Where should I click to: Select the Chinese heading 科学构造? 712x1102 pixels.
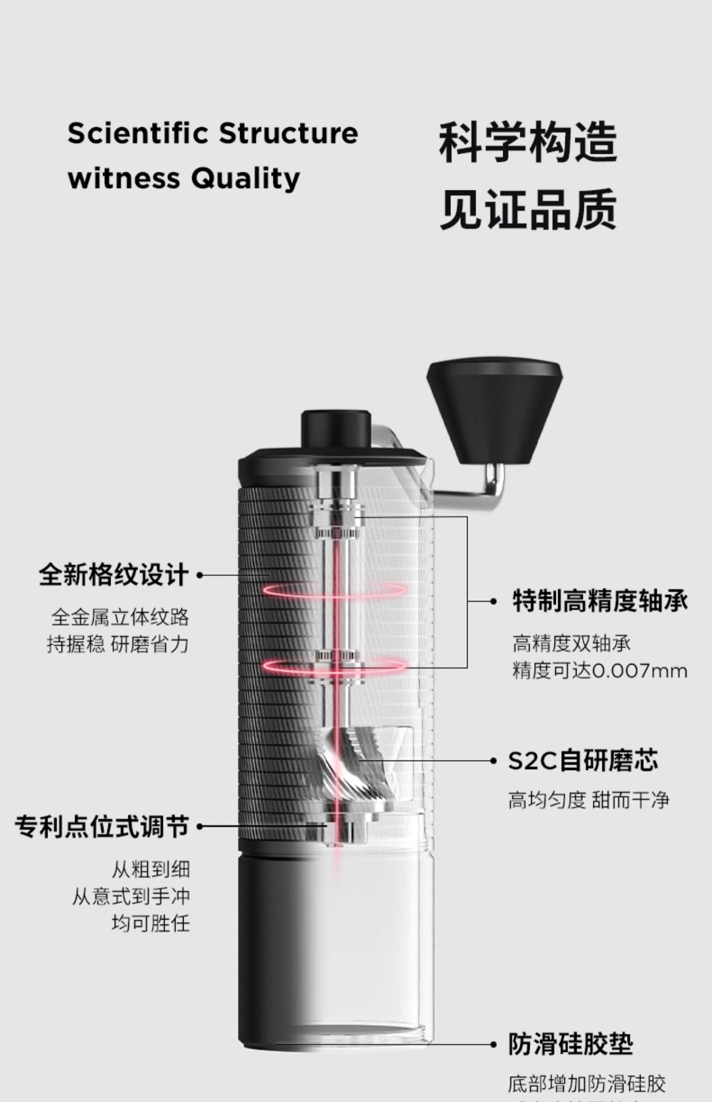[x=527, y=142]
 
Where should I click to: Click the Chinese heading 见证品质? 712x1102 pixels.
[x=527, y=209]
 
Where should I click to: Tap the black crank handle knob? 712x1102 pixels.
[x=494, y=410]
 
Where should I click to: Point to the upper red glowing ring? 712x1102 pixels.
[x=335, y=590]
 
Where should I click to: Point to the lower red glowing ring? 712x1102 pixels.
[x=335, y=666]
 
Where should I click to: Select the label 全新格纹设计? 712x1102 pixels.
[x=114, y=575]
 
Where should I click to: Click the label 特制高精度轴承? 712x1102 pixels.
[x=600, y=601]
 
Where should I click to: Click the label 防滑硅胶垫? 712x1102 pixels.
[x=571, y=1044]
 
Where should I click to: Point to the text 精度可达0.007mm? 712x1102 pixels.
[x=600, y=671]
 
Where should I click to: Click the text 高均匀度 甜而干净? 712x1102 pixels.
[x=589, y=800]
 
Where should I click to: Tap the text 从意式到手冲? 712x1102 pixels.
[x=131, y=897]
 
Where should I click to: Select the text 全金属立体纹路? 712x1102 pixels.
[x=120, y=617]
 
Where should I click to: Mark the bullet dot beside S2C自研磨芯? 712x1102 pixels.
[x=493, y=761]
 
